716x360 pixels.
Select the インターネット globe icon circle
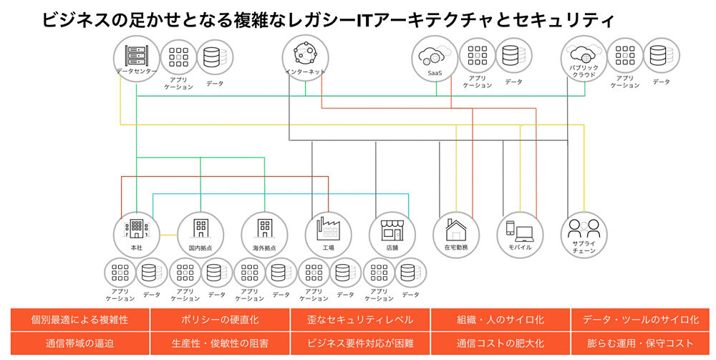pos(306,57)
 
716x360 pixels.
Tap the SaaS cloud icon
pos(435,57)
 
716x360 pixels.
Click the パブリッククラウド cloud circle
pos(584,57)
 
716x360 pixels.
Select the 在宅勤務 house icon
pos(456,230)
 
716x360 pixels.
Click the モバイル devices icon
pos(520,230)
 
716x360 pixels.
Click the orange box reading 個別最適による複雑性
pos(79,319)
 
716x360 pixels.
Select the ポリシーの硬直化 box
pos(220,319)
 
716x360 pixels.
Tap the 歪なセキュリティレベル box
pos(360,319)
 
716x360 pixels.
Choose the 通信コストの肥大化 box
pos(500,343)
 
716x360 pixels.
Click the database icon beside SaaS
pos(511,57)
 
